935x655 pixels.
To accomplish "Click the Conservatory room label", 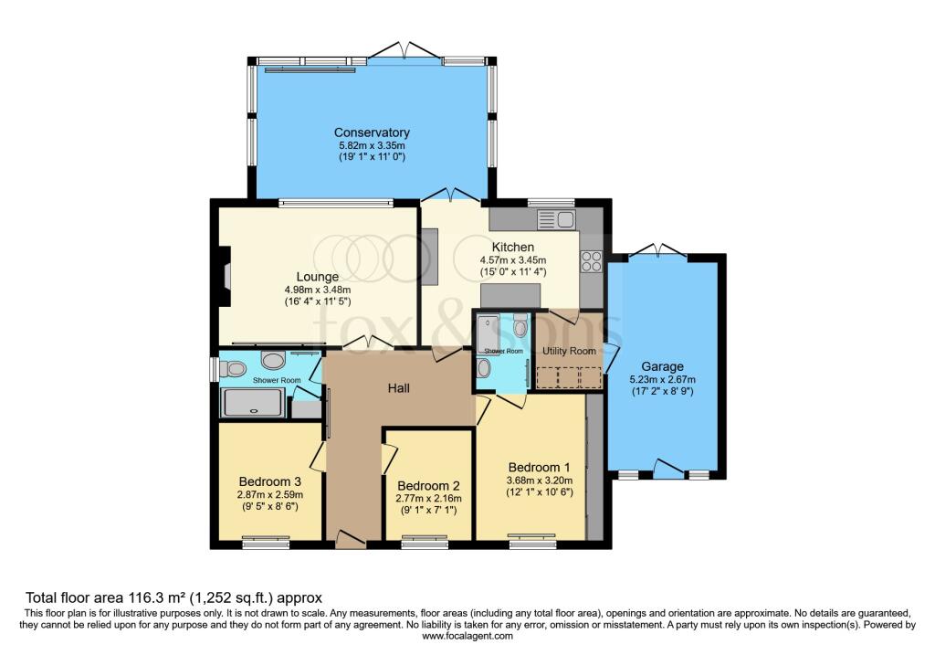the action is click(x=372, y=132).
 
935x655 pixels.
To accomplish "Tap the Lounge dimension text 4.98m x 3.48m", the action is click(x=317, y=290).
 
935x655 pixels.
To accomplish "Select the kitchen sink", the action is click(x=556, y=219).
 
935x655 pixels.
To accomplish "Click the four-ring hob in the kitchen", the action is click(x=592, y=261).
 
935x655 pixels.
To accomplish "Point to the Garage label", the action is click(x=662, y=366).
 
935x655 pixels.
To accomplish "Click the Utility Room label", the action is click(x=569, y=351).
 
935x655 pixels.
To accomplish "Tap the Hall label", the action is click(x=398, y=388).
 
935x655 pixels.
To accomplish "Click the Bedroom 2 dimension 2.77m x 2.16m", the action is click(x=428, y=498).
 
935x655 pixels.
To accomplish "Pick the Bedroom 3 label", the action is click(x=269, y=481).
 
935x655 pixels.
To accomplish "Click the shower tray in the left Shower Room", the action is click(x=252, y=402).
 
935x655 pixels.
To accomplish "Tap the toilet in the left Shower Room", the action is click(x=233, y=370).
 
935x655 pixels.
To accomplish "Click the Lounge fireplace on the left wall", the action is click(x=225, y=276).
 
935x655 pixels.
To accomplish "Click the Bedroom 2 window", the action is click(x=425, y=542).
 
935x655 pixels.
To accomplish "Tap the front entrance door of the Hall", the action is click(x=350, y=539).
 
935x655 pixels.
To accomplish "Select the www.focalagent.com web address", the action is click(x=467, y=636).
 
